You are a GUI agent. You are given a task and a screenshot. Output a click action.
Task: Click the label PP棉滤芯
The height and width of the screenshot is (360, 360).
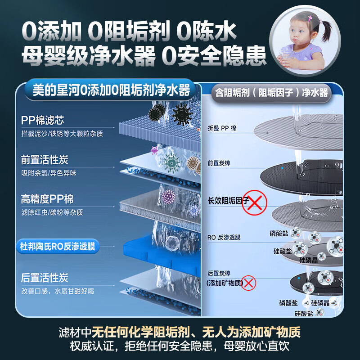(42, 121)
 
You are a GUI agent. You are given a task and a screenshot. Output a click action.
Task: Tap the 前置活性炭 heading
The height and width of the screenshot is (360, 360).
(45, 160)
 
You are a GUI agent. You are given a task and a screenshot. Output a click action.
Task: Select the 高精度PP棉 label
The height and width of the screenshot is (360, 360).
(47, 199)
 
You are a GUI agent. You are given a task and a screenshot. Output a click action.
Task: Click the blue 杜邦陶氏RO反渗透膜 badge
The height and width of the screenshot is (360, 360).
(58, 247)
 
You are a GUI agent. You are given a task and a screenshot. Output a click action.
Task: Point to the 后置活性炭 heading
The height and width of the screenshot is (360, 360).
(45, 278)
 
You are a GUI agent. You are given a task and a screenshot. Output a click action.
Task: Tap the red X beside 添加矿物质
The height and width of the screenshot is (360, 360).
(248, 283)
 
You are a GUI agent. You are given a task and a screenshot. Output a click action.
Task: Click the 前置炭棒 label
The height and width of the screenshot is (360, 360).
(219, 163)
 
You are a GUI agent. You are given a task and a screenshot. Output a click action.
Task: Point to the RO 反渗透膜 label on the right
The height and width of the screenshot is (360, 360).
(225, 236)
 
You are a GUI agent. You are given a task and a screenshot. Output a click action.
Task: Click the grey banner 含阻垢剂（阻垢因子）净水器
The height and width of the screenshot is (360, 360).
(271, 93)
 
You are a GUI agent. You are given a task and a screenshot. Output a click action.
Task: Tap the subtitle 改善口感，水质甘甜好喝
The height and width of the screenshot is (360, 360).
(58, 291)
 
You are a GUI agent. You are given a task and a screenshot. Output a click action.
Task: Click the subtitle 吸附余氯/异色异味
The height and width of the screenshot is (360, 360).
(49, 173)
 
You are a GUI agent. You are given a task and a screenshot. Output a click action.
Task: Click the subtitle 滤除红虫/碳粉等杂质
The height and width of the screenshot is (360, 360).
(52, 212)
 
